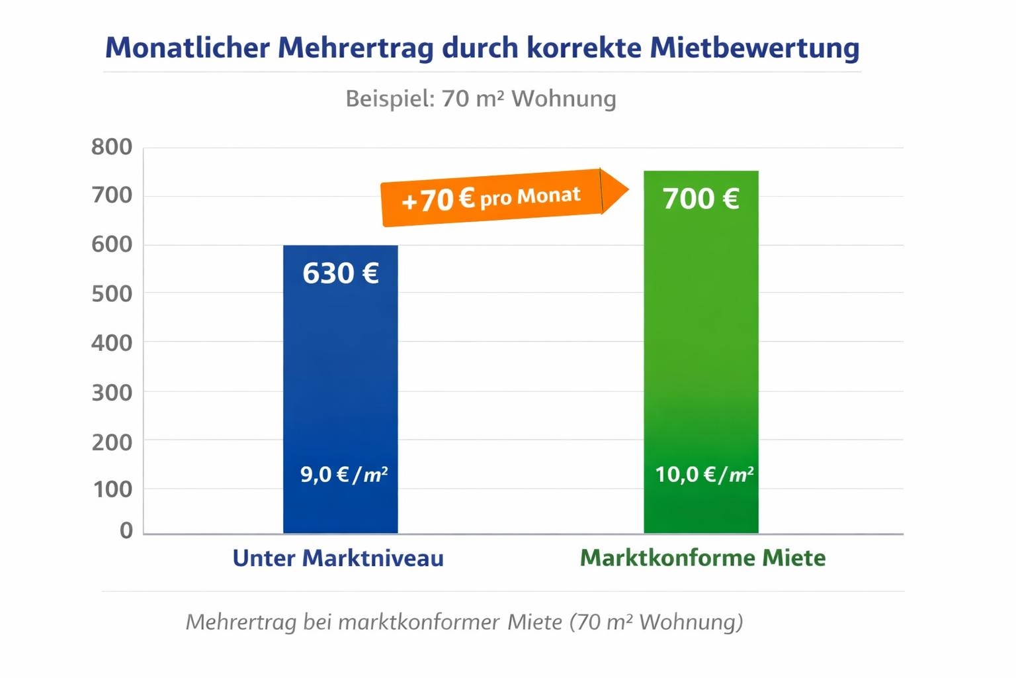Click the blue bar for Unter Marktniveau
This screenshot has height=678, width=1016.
tap(340, 371)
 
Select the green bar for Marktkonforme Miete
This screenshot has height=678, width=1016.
tap(700, 331)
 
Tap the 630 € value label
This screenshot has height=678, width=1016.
tap(340, 273)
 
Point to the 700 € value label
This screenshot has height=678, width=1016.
tap(700, 199)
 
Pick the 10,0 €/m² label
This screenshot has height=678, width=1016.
tap(704, 474)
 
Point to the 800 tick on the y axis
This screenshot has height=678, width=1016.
tap(112, 147)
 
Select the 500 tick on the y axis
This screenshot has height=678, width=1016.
tap(112, 293)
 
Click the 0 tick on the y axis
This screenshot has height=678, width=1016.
tap(126, 530)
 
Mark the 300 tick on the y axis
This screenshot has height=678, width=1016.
tap(112, 392)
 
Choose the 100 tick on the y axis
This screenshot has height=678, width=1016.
tap(112, 489)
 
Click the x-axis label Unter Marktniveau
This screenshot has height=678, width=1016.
tap(337, 558)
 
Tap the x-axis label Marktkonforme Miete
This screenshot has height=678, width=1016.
tap(702, 558)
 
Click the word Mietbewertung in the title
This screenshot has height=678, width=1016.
tap(754, 48)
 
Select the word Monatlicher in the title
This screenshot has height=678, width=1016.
tap(187, 48)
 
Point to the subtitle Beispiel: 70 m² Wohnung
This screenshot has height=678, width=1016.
tap(481, 99)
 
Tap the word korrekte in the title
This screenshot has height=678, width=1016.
tap(583, 48)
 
